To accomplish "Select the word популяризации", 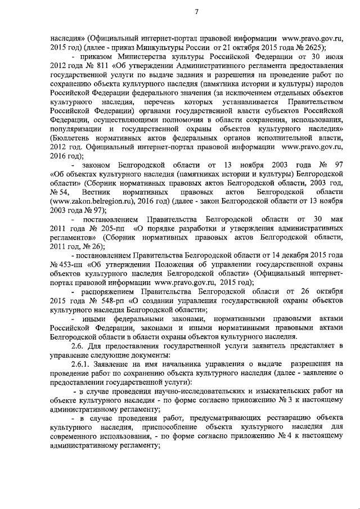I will point(76,129).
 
